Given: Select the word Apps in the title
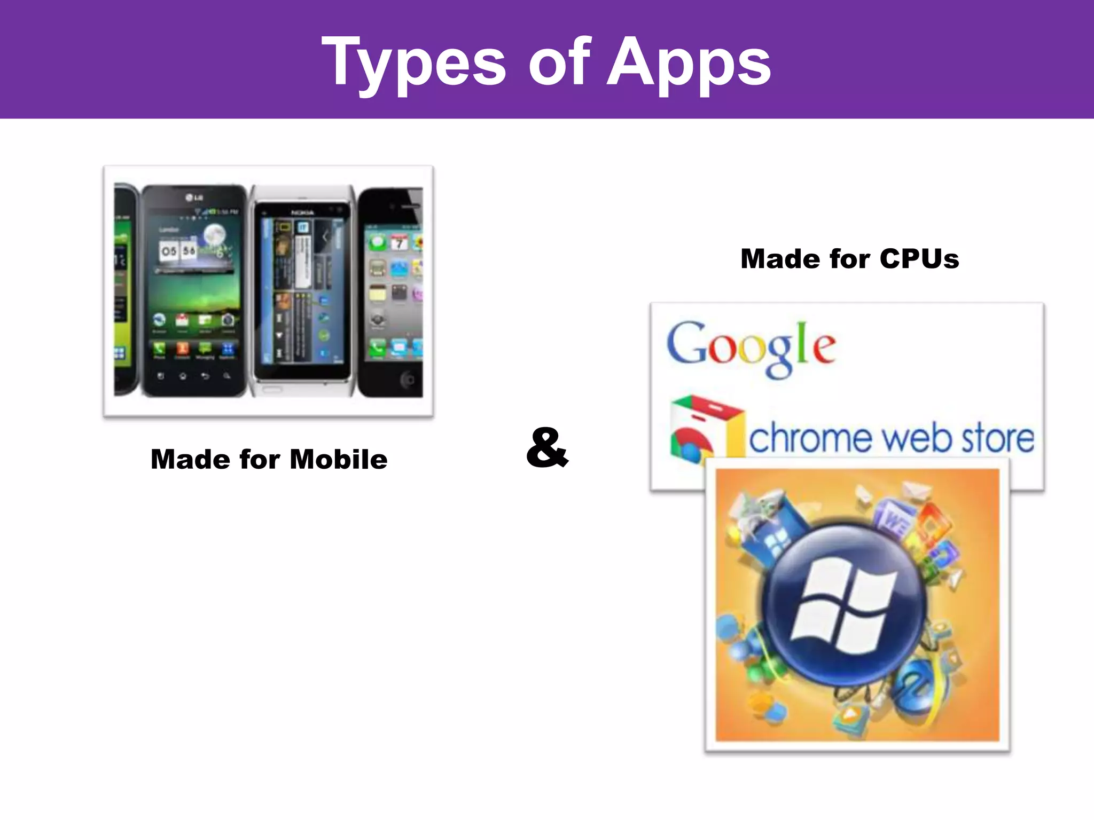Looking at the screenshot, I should point(689,63).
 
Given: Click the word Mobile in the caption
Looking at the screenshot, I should point(339,459).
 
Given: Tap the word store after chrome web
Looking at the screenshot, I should point(997,439).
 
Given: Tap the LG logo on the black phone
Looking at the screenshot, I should point(194,198).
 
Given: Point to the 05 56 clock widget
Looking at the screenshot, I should point(178,251).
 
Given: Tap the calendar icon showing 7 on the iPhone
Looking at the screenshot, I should point(399,243).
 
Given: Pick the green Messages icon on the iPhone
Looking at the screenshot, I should point(378,243).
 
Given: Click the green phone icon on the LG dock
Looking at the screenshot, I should point(159,349).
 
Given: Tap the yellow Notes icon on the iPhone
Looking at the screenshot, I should point(378,293).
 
